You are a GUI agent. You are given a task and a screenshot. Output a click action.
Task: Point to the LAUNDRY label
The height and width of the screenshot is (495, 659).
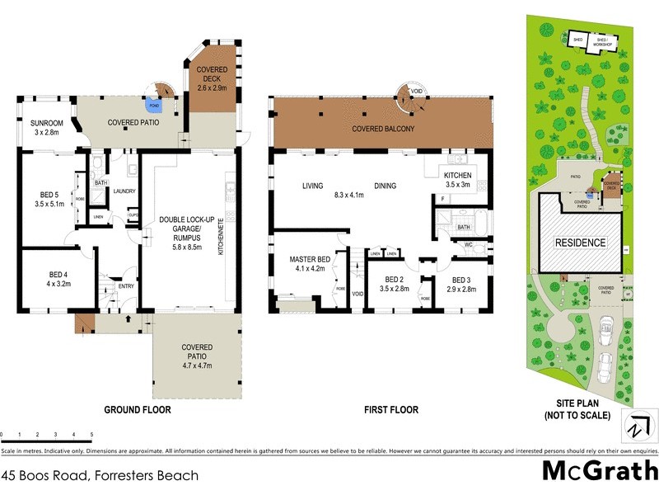(x=123, y=191)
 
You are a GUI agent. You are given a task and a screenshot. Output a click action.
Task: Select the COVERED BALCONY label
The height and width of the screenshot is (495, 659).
(x=382, y=130)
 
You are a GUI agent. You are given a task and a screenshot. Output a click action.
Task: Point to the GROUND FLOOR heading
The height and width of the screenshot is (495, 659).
(x=138, y=410)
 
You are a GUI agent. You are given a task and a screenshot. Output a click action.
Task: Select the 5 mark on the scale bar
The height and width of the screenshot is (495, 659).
(x=91, y=434)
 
